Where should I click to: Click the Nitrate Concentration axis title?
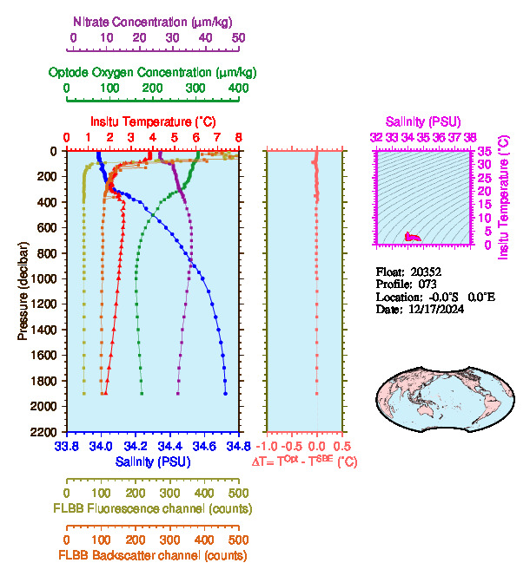pyautogui.click(x=154, y=20)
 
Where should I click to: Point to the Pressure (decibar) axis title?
pyautogui.click(x=23, y=291)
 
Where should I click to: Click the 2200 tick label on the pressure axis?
pyautogui.click(x=44, y=432)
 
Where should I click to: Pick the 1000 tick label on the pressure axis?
pyautogui.click(x=44, y=278)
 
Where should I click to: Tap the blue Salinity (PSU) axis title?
pyautogui.click(x=153, y=461)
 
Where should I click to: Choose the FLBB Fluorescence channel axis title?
pyautogui.click(x=153, y=507)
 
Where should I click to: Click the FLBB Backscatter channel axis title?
pyautogui.click(x=153, y=555)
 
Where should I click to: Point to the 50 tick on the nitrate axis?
pyautogui.click(x=238, y=38)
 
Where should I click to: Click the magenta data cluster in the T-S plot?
pyautogui.click(x=413, y=237)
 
